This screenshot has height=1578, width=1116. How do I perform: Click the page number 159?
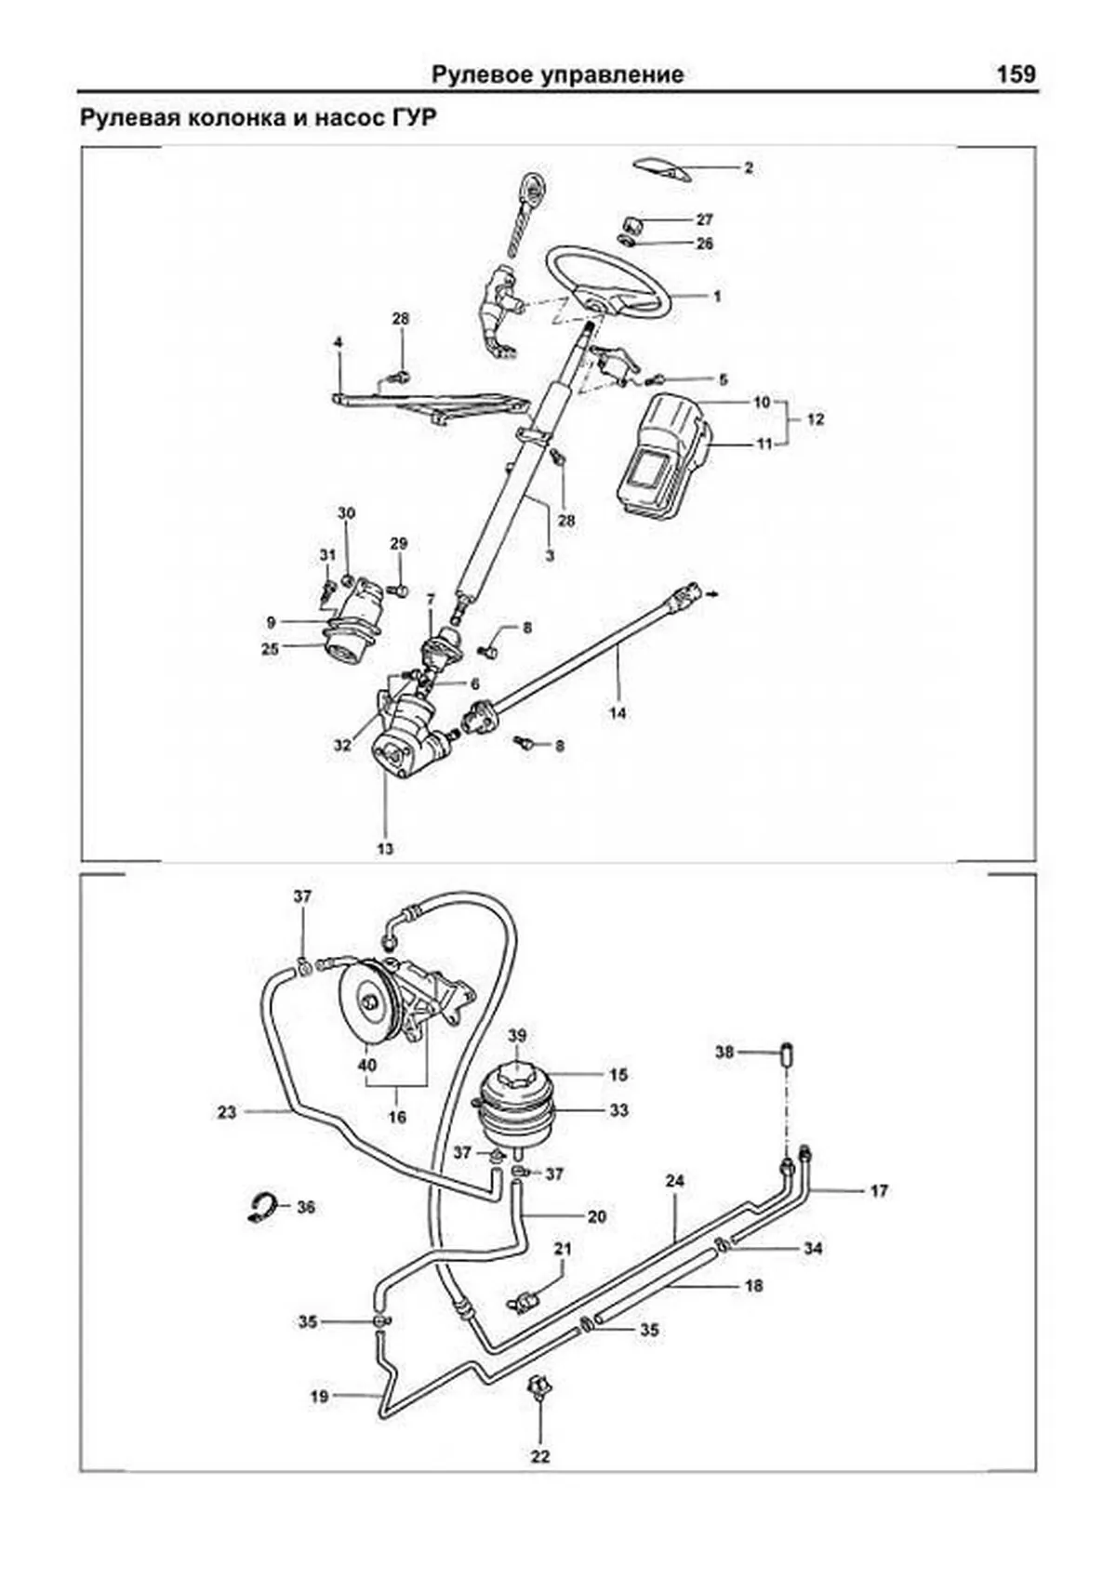point(1016,74)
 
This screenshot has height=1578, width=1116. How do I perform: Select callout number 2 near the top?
point(748,168)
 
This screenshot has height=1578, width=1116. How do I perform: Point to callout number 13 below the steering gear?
point(385,848)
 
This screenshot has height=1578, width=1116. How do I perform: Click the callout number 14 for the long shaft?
point(618,713)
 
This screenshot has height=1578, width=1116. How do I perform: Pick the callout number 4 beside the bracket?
point(339,343)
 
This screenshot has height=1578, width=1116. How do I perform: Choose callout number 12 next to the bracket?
point(815,419)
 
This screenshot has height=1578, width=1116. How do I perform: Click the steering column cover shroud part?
point(662,456)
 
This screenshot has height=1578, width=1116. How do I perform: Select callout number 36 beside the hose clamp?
point(305,1207)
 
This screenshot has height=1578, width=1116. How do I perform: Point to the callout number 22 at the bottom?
point(540,1456)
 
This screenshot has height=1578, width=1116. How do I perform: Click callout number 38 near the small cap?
point(724,1052)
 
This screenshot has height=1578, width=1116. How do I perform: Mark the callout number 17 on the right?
point(879,1190)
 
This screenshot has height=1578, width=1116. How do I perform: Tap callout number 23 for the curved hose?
point(227,1110)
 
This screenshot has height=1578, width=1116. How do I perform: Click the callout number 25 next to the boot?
point(270,649)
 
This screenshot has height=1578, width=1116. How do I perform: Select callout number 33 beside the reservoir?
point(619,1109)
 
